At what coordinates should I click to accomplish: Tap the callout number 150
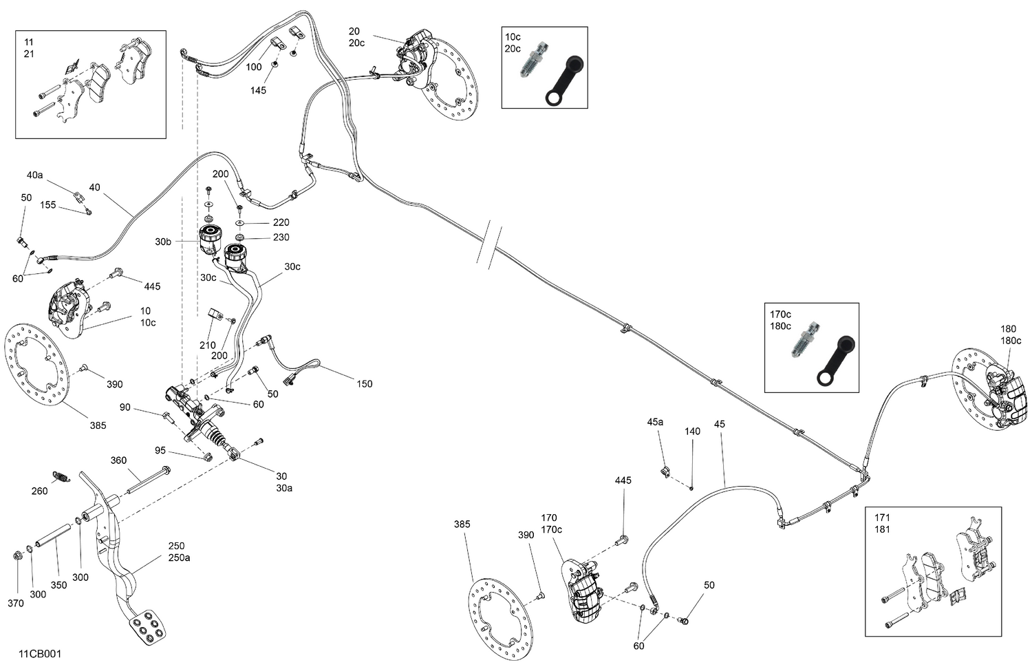pos(364,383)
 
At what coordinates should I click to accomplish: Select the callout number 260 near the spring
pos(39,491)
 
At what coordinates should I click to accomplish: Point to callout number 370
pos(15,603)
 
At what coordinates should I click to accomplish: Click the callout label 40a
pos(34,176)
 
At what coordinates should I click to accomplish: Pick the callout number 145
pos(258,90)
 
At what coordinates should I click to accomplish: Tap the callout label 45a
pos(655,421)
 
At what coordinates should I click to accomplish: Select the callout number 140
pos(692,432)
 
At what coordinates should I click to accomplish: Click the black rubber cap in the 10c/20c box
pos(563,82)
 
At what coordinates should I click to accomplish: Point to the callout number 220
pos(281,222)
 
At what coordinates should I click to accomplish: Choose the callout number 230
pos(281,237)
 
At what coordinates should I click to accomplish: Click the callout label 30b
pos(163,242)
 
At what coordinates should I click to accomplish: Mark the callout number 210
pos(207,346)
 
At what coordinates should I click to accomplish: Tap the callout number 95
pos(160,451)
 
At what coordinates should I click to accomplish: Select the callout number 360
pos(118,460)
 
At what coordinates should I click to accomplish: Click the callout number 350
pos(58,585)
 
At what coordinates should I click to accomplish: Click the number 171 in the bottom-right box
pos(882,518)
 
